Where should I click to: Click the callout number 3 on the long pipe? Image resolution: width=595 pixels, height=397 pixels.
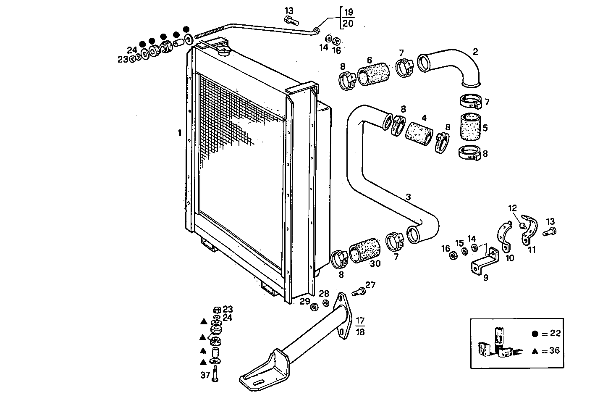tap(408, 197)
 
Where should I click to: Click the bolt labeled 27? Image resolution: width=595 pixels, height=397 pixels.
tap(358, 291)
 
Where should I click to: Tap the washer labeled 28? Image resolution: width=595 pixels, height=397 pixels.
tap(326, 303)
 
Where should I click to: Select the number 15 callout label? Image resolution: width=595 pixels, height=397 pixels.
tap(459, 243)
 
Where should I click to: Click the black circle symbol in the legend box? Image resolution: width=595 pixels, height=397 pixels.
tap(535, 334)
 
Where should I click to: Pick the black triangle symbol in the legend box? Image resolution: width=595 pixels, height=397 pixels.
tap(535, 350)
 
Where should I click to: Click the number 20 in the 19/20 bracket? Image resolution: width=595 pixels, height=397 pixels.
tap(348, 24)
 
